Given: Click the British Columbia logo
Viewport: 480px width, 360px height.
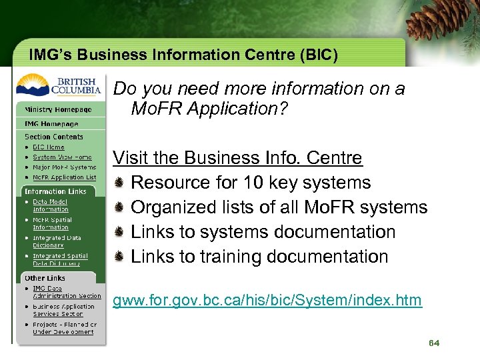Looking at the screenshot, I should click(59, 85).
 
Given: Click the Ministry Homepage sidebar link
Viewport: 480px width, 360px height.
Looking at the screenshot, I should click(58, 109).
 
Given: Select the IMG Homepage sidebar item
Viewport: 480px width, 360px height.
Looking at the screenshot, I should click(51, 124).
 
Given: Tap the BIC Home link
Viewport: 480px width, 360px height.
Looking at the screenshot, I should click(49, 147).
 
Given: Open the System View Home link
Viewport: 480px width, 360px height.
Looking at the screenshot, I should click(62, 157).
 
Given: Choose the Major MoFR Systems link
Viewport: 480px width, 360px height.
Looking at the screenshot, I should click(64, 167).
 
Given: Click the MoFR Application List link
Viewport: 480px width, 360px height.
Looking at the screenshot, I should click(64, 177).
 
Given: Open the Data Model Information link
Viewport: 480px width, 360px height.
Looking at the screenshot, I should click(51, 205).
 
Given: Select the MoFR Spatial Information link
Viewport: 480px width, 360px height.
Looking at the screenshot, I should click(52, 223).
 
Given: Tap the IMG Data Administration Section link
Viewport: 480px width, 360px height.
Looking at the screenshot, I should click(67, 292).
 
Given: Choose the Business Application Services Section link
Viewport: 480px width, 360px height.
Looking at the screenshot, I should click(63, 310).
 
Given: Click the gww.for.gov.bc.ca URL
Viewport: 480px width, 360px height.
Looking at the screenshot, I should click(267, 301).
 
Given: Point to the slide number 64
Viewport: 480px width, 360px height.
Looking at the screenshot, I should click(434, 343).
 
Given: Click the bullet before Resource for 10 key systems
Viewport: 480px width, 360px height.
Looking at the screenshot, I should click(119, 183).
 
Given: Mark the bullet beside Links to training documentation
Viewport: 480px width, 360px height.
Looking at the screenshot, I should click(119, 257).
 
